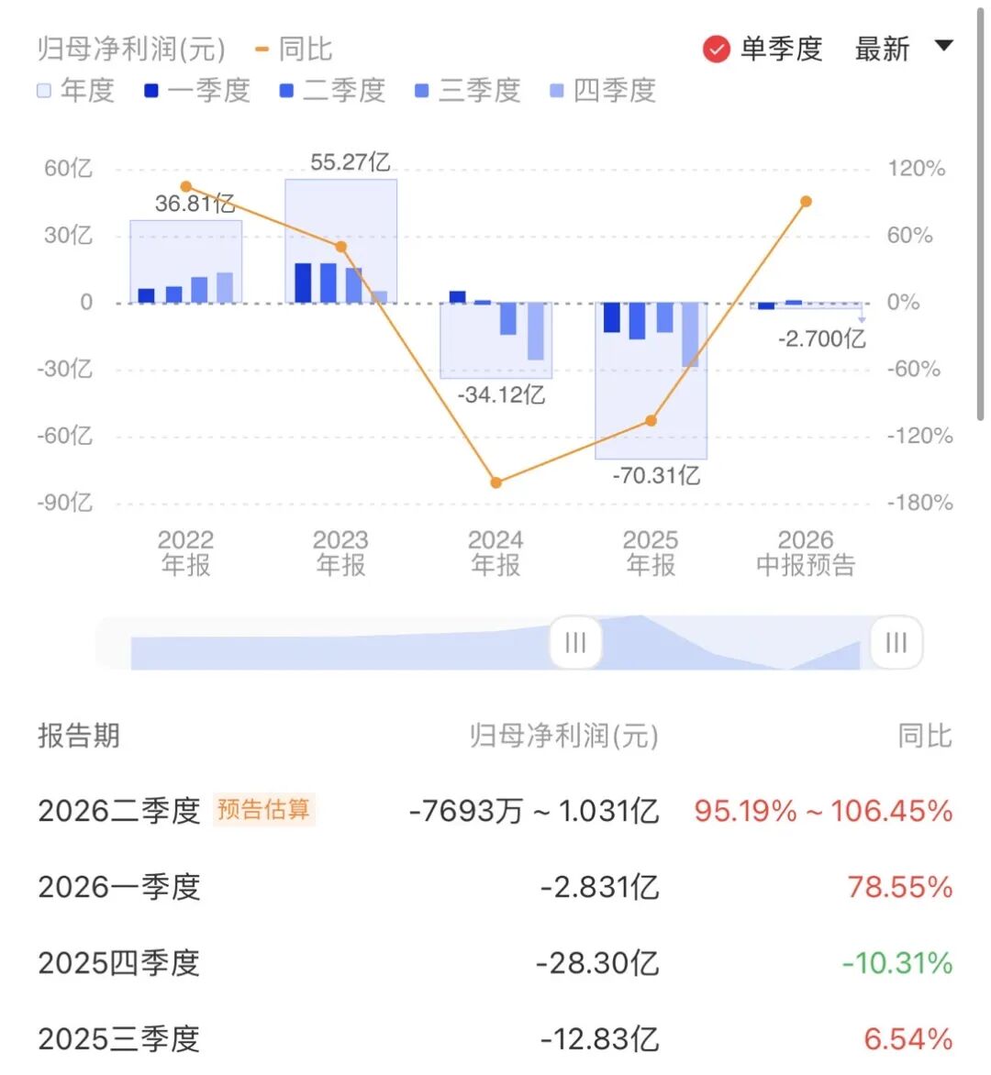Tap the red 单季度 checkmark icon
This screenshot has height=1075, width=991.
click(x=717, y=50)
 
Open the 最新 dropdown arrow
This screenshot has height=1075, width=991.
click(x=943, y=46)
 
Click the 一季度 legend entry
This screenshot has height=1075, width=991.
click(x=197, y=91)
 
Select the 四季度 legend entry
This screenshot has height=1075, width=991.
click(x=603, y=91)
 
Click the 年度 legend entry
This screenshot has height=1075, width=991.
click(x=75, y=91)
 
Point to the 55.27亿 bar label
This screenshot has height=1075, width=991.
click(x=351, y=162)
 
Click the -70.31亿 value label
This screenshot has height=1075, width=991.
click(x=656, y=475)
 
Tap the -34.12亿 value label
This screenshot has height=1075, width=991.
click(x=501, y=395)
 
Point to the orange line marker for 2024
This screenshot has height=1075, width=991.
click(x=496, y=482)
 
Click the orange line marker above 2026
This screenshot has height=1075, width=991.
click(x=807, y=202)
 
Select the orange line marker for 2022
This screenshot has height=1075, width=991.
click(x=186, y=186)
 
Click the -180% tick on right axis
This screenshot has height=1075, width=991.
click(x=919, y=503)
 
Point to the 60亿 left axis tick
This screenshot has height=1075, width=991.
click(x=68, y=169)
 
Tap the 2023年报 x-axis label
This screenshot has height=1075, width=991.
click(x=340, y=552)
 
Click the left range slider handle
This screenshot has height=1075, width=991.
click(x=575, y=642)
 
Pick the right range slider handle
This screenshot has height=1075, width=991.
click(x=896, y=642)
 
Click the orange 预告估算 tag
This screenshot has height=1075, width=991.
click(x=264, y=810)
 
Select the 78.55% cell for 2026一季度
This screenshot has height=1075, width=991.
click(x=900, y=887)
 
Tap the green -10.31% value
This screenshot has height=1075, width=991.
click(x=897, y=963)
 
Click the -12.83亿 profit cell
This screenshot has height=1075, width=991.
click(x=599, y=1039)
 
